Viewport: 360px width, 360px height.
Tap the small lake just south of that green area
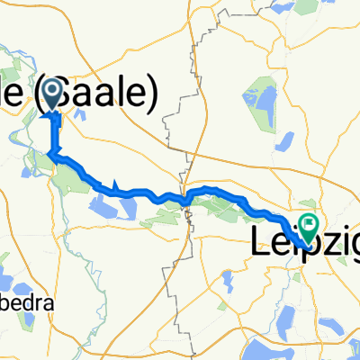coord(286,141)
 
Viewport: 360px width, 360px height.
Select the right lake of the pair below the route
coord(127,209)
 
